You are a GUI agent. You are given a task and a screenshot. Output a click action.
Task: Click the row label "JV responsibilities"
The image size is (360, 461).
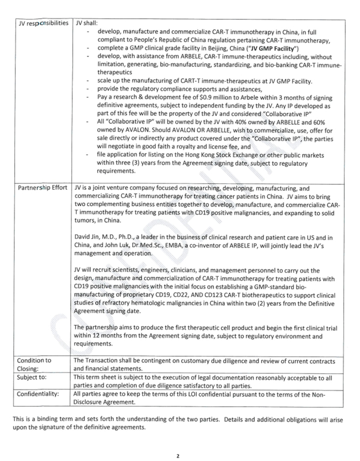43,24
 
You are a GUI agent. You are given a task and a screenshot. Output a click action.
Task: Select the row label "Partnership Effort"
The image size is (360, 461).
43,188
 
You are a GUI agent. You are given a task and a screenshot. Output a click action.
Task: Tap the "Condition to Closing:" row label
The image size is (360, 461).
34,364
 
